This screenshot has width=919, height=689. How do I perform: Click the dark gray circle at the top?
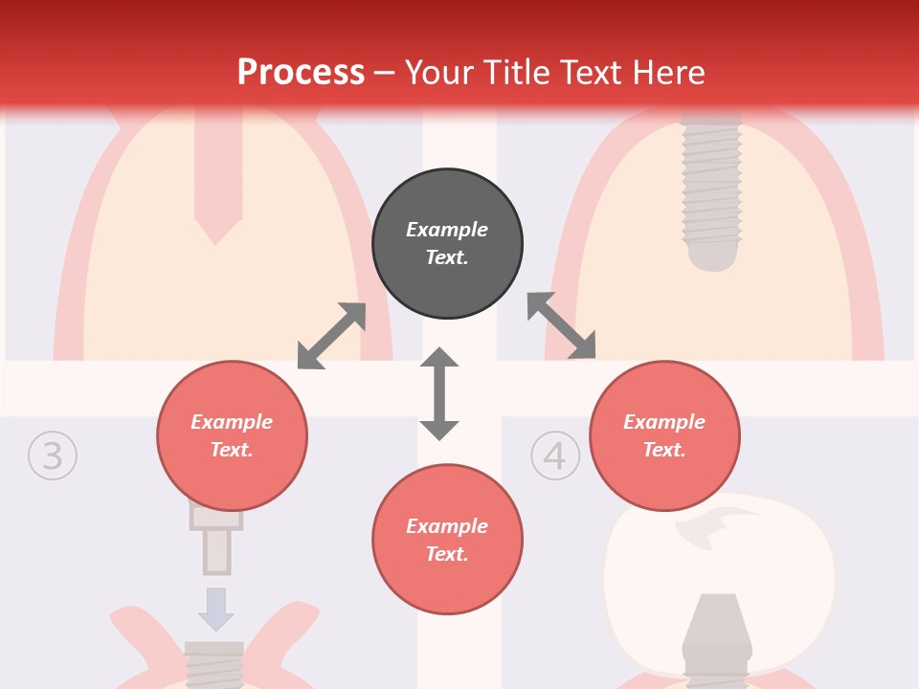[447, 244]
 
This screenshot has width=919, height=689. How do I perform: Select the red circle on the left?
[232, 436]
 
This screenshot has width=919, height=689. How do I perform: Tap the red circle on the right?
[664, 436]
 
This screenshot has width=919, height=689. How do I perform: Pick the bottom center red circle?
[447, 541]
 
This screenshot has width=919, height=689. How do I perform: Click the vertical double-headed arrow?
[439, 393]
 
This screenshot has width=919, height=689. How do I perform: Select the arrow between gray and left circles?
[331, 336]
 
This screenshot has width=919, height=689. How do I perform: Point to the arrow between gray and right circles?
[561, 326]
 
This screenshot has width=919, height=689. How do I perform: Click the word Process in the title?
[301, 72]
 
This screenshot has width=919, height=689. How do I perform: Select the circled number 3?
[52, 456]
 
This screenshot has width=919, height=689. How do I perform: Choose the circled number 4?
[554, 456]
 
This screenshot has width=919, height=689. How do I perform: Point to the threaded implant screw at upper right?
[711, 187]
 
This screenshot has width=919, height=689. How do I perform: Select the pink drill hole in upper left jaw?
[217, 182]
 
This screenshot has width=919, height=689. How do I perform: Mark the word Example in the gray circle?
[447, 230]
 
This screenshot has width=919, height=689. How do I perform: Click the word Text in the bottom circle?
[446, 554]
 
